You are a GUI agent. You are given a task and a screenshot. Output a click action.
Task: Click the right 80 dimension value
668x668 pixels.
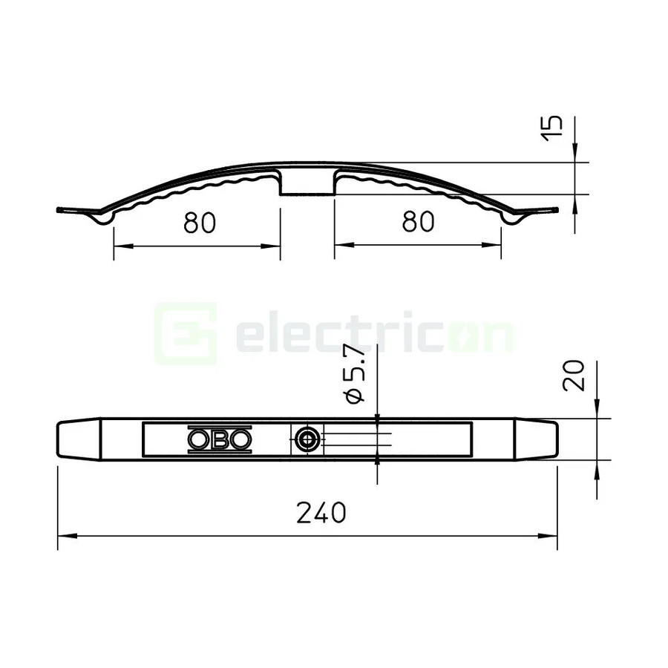417,222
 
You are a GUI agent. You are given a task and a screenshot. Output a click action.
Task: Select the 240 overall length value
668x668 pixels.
321,512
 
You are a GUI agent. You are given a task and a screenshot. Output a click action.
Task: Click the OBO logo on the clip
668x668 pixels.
219,439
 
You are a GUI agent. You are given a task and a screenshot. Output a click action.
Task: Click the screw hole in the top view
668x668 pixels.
305,439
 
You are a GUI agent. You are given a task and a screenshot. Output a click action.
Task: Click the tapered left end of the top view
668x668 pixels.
77,439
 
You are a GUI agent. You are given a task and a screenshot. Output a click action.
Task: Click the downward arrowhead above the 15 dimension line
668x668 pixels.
576,156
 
